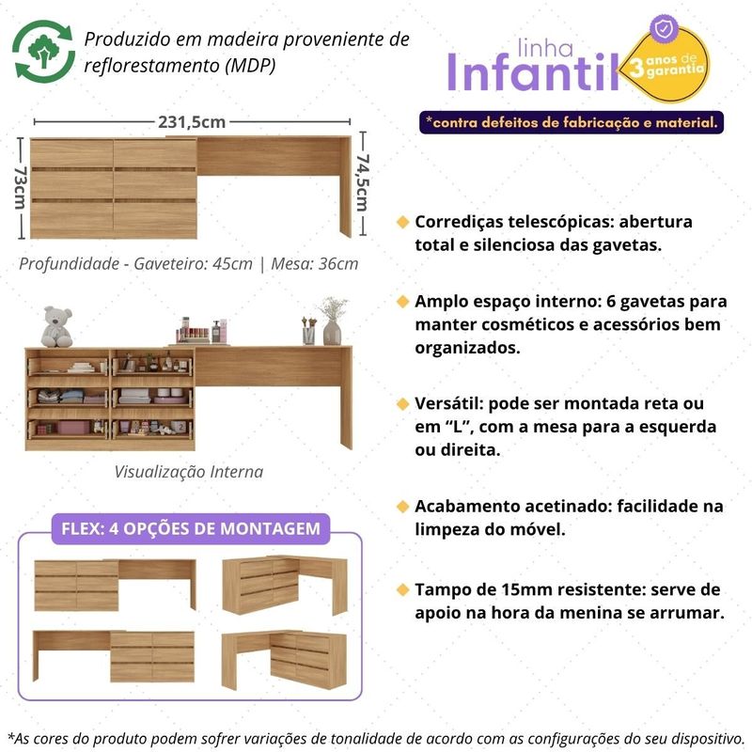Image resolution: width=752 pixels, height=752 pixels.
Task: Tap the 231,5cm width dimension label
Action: click(x=192, y=121)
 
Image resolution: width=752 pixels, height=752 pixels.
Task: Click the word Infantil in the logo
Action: click(x=532, y=72)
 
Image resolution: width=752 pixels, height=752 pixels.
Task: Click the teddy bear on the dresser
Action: click(x=59, y=326)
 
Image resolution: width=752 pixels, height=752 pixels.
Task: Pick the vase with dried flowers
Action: click(x=332, y=322)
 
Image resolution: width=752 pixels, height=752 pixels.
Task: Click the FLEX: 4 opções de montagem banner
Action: click(x=190, y=528)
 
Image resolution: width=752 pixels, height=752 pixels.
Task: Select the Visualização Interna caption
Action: click(x=189, y=472)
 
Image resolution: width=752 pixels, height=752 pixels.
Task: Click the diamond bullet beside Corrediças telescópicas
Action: click(x=403, y=223)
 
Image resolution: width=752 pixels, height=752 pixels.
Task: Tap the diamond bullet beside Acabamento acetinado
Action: click(x=403, y=507)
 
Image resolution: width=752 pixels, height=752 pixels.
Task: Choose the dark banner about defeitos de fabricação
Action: click(x=573, y=122)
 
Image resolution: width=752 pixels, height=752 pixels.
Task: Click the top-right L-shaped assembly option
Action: click(x=283, y=585)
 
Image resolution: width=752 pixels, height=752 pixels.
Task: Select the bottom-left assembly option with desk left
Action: click(x=114, y=654)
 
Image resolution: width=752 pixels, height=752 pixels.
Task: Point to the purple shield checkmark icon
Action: click(x=664, y=29)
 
